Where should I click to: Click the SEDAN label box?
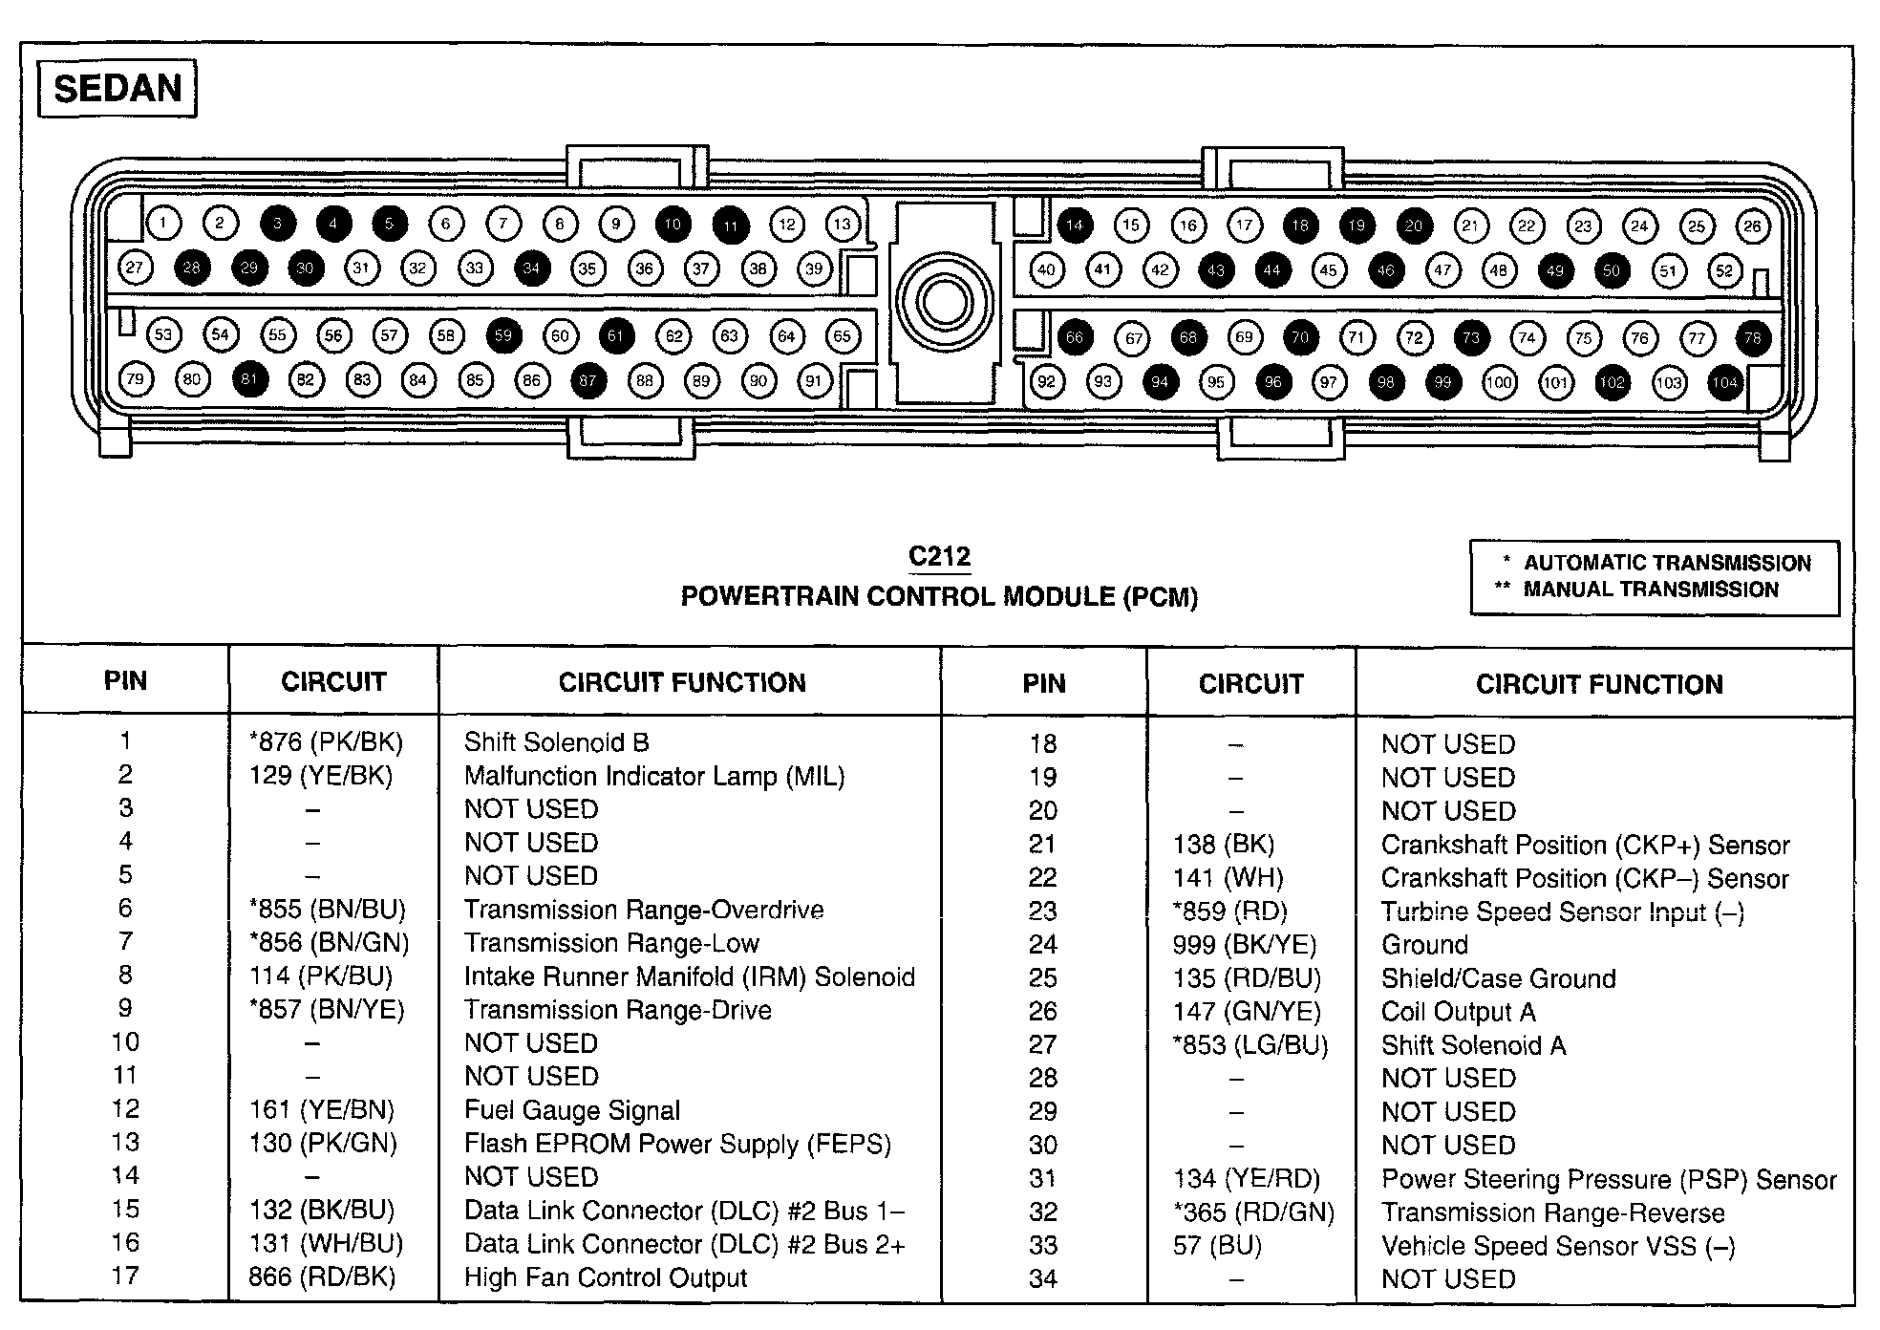click(x=117, y=89)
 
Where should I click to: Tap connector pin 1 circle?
click(x=163, y=224)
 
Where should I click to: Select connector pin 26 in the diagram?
click(x=1752, y=226)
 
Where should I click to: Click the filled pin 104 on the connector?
click(x=1725, y=383)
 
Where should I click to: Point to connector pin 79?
click(x=136, y=379)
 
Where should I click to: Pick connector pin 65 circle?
click(x=842, y=335)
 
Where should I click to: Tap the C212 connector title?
click(x=939, y=556)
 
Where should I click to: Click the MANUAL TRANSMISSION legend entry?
click(x=1650, y=590)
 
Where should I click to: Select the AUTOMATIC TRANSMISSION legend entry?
click(x=1666, y=563)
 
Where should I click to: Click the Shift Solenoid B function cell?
click(x=556, y=742)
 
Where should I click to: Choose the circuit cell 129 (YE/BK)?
click(x=321, y=776)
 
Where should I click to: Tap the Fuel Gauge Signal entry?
click(x=572, y=1110)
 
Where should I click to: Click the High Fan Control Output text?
click(x=606, y=1277)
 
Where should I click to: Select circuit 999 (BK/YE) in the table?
click(x=1244, y=945)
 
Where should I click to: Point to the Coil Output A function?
click(x=1458, y=1012)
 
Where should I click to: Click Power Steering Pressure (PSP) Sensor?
click(x=1609, y=1180)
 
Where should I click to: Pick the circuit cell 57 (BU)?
click(x=1217, y=1246)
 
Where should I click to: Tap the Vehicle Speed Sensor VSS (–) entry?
click(x=1558, y=1246)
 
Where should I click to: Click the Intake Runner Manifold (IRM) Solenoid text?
click(x=689, y=976)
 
